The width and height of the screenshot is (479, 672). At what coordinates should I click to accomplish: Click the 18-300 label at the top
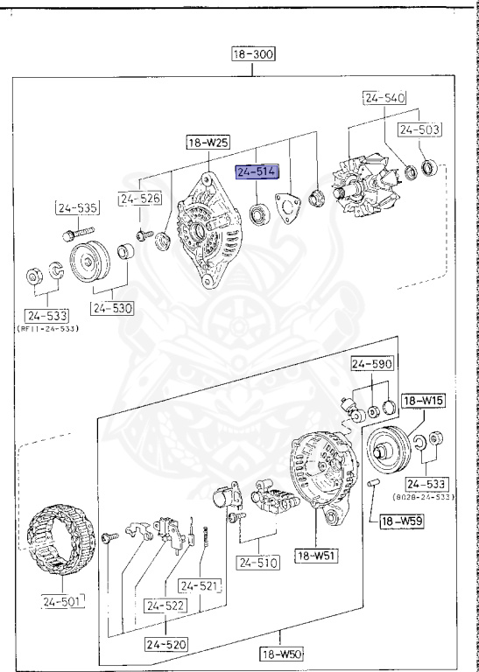click(x=253, y=54)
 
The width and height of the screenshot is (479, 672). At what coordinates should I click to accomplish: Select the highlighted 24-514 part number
click(x=256, y=172)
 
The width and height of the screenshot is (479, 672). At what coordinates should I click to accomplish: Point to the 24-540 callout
click(x=384, y=100)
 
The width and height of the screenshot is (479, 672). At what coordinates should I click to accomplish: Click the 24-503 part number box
click(x=419, y=129)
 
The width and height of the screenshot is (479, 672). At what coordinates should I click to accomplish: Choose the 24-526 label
click(x=141, y=199)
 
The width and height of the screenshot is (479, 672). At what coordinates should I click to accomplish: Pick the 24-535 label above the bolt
click(x=77, y=208)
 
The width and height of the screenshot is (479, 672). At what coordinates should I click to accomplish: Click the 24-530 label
click(x=111, y=308)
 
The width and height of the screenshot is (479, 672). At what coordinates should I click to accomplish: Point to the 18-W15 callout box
click(x=424, y=401)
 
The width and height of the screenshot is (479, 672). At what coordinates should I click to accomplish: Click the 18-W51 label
click(x=317, y=554)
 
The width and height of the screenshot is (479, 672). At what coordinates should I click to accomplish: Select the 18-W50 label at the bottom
click(x=280, y=653)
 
